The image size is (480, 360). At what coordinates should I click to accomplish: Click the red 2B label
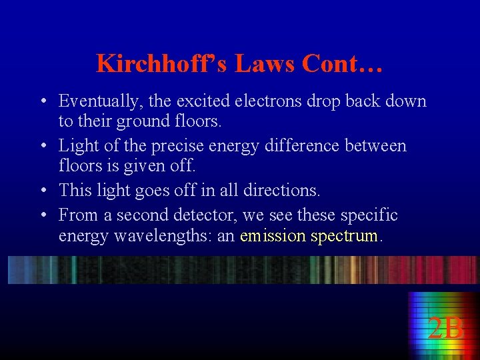tap(445, 328)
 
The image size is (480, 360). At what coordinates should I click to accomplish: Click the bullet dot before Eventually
tap(42, 102)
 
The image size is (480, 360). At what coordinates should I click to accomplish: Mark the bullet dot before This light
tap(42, 191)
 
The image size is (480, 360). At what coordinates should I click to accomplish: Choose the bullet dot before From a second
tap(42, 215)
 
